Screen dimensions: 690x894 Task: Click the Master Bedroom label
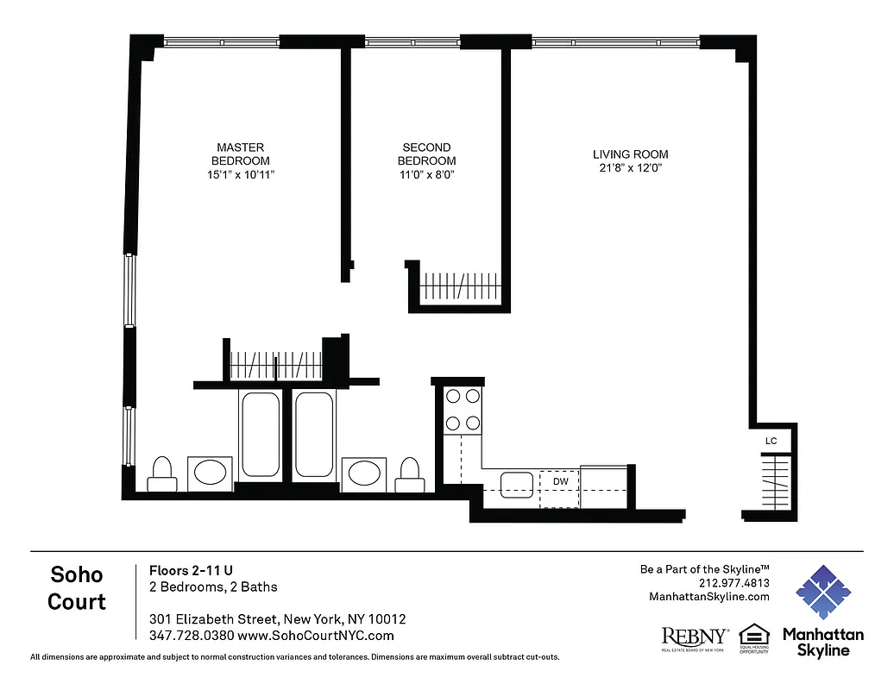point(241,154)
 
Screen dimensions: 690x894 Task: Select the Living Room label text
point(630,154)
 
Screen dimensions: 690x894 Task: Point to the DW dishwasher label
point(560,480)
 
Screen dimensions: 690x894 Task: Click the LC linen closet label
point(771,442)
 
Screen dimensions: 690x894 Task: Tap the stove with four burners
point(462,410)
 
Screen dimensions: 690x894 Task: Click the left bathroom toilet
point(161,474)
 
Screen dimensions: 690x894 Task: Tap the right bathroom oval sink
point(366,473)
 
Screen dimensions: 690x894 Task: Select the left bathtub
point(261,434)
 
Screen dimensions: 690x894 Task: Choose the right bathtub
point(314,434)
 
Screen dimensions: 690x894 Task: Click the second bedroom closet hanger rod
point(460,285)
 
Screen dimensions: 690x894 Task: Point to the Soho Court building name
point(77,588)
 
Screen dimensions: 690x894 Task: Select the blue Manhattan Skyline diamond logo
point(822,593)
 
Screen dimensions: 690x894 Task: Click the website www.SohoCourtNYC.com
point(316,636)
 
